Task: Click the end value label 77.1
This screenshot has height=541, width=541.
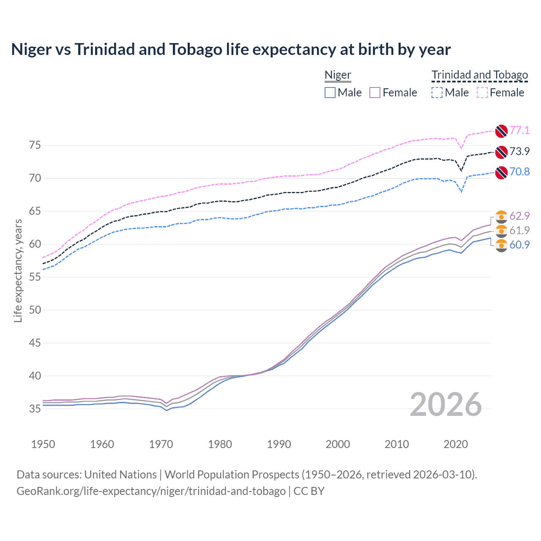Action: click(x=519, y=130)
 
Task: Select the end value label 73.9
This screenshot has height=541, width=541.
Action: click(x=519, y=151)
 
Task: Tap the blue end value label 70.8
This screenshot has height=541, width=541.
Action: click(x=519, y=172)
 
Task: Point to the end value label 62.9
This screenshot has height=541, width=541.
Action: click(x=519, y=216)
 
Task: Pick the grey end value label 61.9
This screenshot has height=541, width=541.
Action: click(x=519, y=230)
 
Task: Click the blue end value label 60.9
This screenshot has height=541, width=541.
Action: click(x=519, y=245)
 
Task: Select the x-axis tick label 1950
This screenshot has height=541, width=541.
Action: click(x=43, y=444)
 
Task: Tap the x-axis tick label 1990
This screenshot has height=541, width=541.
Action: click(x=279, y=444)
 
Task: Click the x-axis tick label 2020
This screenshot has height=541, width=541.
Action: click(x=456, y=444)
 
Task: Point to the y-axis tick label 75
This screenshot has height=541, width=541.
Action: click(x=35, y=145)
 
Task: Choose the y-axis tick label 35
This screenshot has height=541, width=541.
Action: click(x=35, y=409)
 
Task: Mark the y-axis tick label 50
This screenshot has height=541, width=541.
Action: click(x=35, y=310)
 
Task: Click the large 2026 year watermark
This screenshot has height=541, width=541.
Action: click(x=446, y=404)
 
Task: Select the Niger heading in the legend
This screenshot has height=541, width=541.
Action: click(x=338, y=75)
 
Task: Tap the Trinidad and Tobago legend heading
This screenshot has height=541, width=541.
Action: click(x=480, y=75)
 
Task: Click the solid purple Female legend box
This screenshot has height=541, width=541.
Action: click(x=375, y=93)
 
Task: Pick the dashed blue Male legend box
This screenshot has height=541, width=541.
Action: click(x=437, y=93)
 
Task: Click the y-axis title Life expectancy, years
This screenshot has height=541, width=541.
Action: click(x=18, y=270)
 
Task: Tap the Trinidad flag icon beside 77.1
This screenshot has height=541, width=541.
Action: click(x=501, y=131)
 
